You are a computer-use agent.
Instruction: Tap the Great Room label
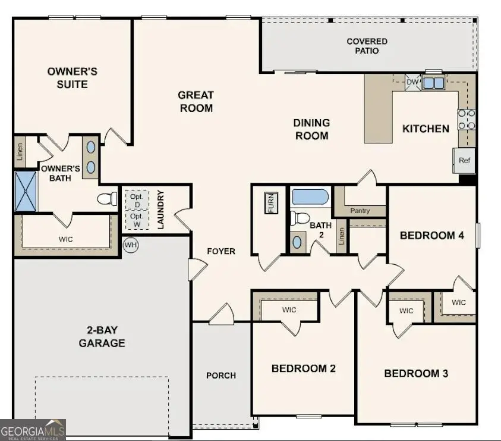click(x=196, y=101)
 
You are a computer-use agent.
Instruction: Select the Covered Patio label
click(x=367, y=46)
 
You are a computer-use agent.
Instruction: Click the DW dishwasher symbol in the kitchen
click(x=412, y=82)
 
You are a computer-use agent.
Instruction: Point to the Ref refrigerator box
click(x=465, y=160)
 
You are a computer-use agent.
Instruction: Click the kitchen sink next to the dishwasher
click(x=433, y=83)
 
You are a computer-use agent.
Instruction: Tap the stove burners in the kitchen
click(x=466, y=119)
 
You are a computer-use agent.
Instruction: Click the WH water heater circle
click(x=130, y=245)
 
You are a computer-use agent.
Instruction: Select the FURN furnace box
click(x=271, y=204)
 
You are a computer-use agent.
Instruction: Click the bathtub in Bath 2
click(x=310, y=197)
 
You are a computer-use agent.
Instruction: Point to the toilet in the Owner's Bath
click(x=108, y=198)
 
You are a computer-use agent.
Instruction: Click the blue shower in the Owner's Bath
click(x=26, y=191)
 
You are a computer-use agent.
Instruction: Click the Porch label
click(x=221, y=375)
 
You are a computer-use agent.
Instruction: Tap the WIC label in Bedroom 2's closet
click(x=289, y=309)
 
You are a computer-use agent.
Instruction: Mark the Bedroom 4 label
click(x=431, y=235)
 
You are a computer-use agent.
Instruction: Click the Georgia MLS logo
click(x=33, y=430)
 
